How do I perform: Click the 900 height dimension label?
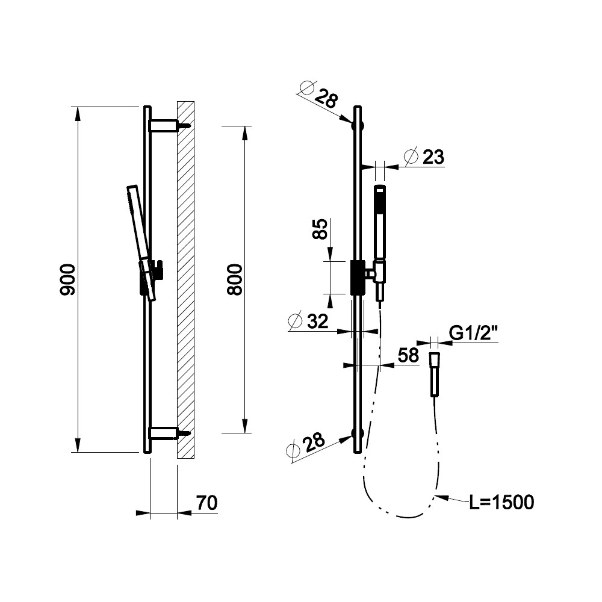coord(67,279)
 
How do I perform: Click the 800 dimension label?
coord(235,279)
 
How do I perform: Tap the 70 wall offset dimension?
coord(206,503)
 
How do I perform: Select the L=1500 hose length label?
coord(501,502)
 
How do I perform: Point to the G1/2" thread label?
coord(473,333)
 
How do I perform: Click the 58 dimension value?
coord(408,355)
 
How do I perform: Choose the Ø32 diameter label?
coord(309,321)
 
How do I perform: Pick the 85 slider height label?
coord(320,229)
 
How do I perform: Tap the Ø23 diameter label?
coord(424,157)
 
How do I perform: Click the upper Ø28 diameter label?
coord(318,95)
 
